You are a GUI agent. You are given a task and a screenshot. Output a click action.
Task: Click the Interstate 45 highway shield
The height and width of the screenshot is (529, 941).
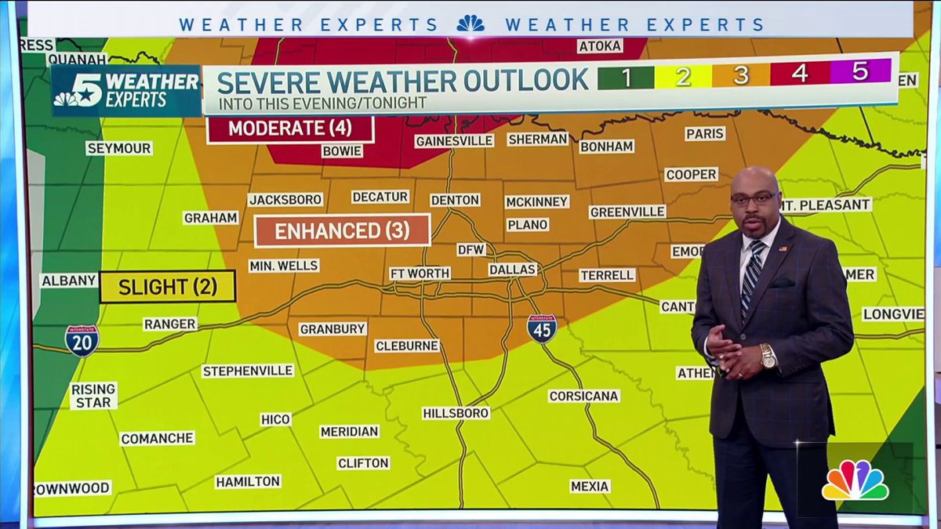[x=542, y=328]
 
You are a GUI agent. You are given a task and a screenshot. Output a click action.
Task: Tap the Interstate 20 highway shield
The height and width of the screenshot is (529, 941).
[x=82, y=341]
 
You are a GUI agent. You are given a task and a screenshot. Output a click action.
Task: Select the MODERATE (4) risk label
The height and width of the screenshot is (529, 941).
[x=290, y=128]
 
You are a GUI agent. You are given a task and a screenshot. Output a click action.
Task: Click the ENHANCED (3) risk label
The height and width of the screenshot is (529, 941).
[x=343, y=230]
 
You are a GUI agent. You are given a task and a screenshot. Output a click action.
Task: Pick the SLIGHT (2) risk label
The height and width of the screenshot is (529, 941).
[x=167, y=287]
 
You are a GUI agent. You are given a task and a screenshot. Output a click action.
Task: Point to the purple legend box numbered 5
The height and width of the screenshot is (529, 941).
[x=860, y=72]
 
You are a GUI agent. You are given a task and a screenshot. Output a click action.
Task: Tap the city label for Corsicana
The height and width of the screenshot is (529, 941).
[x=583, y=396]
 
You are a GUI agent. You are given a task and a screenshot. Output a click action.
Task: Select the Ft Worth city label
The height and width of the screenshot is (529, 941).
[x=420, y=274]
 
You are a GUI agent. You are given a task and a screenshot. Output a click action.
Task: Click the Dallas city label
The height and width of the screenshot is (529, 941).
[x=512, y=270]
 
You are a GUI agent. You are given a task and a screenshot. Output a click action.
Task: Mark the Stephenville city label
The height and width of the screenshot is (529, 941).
[x=248, y=371]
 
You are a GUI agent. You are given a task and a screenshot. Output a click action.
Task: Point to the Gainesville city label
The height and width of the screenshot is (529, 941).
[x=454, y=141]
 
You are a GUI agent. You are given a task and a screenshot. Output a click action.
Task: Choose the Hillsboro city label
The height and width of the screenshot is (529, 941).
[x=456, y=412]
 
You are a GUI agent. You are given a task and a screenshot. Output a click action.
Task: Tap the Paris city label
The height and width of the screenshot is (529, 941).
[x=705, y=134]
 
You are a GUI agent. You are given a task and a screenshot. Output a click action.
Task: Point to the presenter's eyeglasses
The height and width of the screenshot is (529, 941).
[x=754, y=199]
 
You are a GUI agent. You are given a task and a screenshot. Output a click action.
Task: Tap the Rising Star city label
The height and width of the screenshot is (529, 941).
[x=93, y=395]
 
